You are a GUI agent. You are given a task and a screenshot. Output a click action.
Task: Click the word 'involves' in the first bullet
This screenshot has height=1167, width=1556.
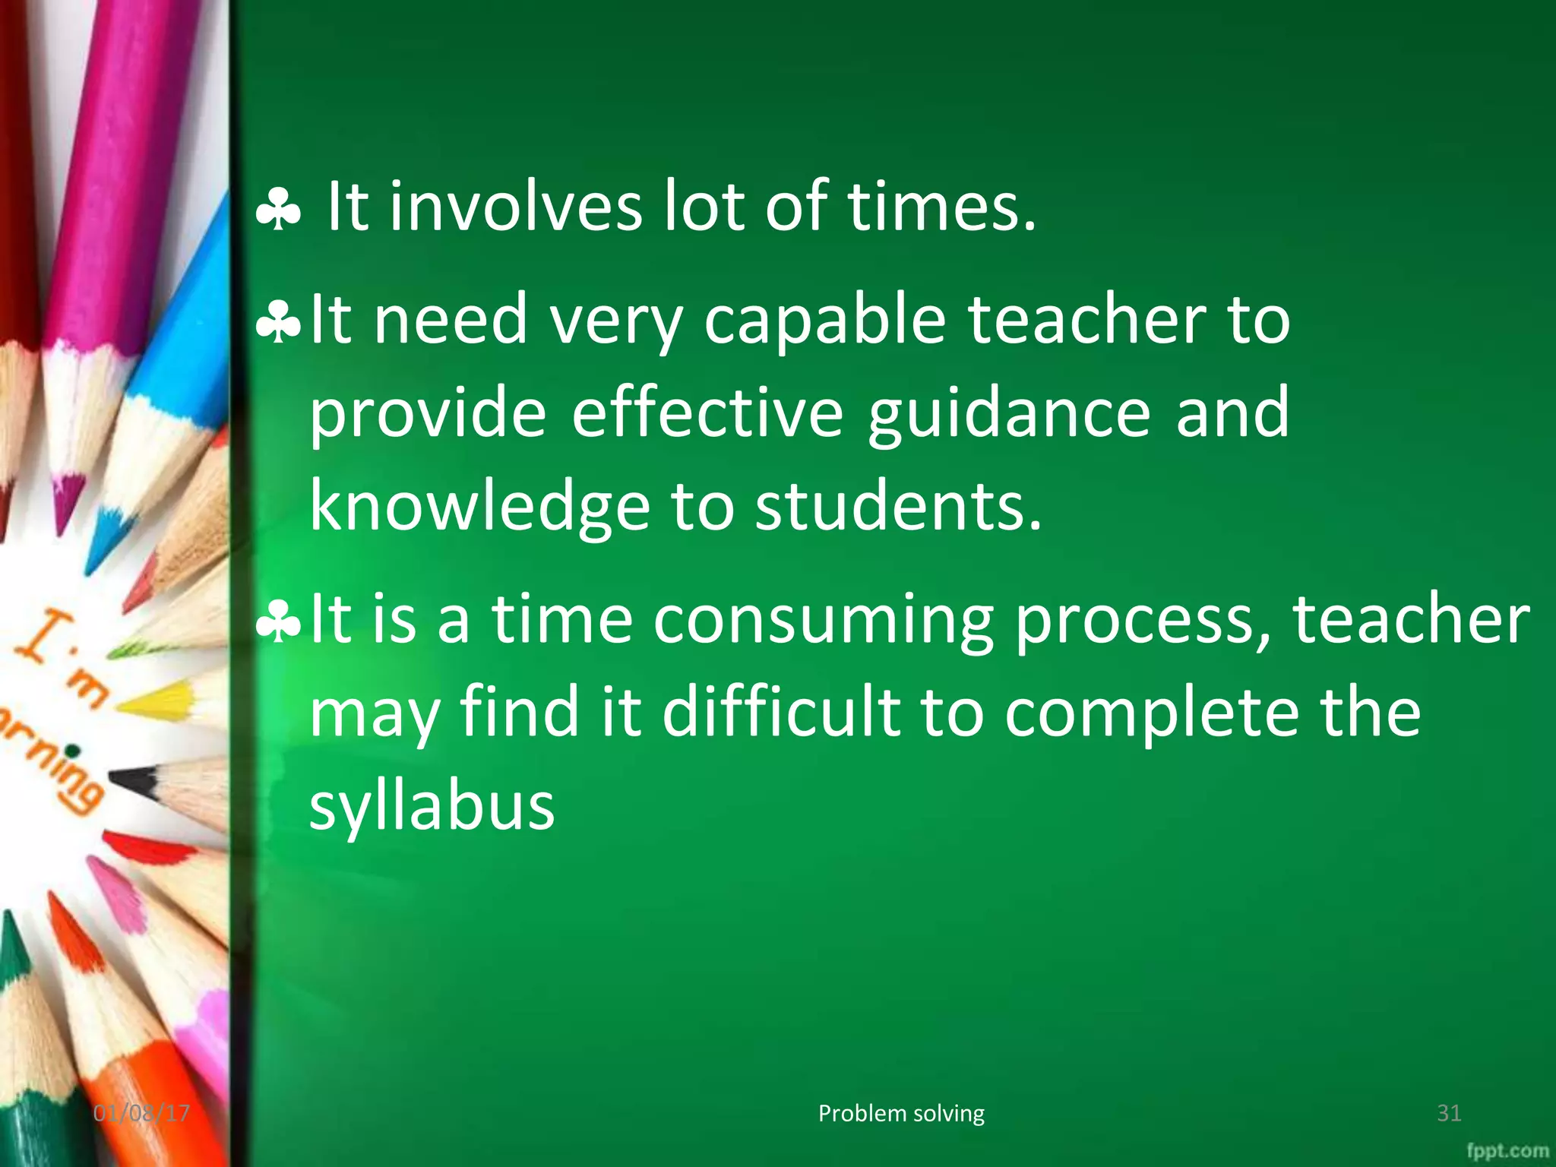(515, 207)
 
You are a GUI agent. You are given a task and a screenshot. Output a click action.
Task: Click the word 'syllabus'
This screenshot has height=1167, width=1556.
(432, 808)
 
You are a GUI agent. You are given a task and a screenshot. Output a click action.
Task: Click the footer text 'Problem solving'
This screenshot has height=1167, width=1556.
(901, 1114)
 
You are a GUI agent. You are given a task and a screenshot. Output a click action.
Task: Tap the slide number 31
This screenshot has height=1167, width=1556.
(1449, 1114)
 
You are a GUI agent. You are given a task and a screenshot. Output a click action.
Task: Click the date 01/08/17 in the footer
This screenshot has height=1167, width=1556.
(141, 1114)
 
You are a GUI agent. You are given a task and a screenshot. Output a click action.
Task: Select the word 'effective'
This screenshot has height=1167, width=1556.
(707, 414)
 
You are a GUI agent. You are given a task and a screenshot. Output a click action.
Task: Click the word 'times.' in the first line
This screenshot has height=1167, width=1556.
(941, 207)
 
